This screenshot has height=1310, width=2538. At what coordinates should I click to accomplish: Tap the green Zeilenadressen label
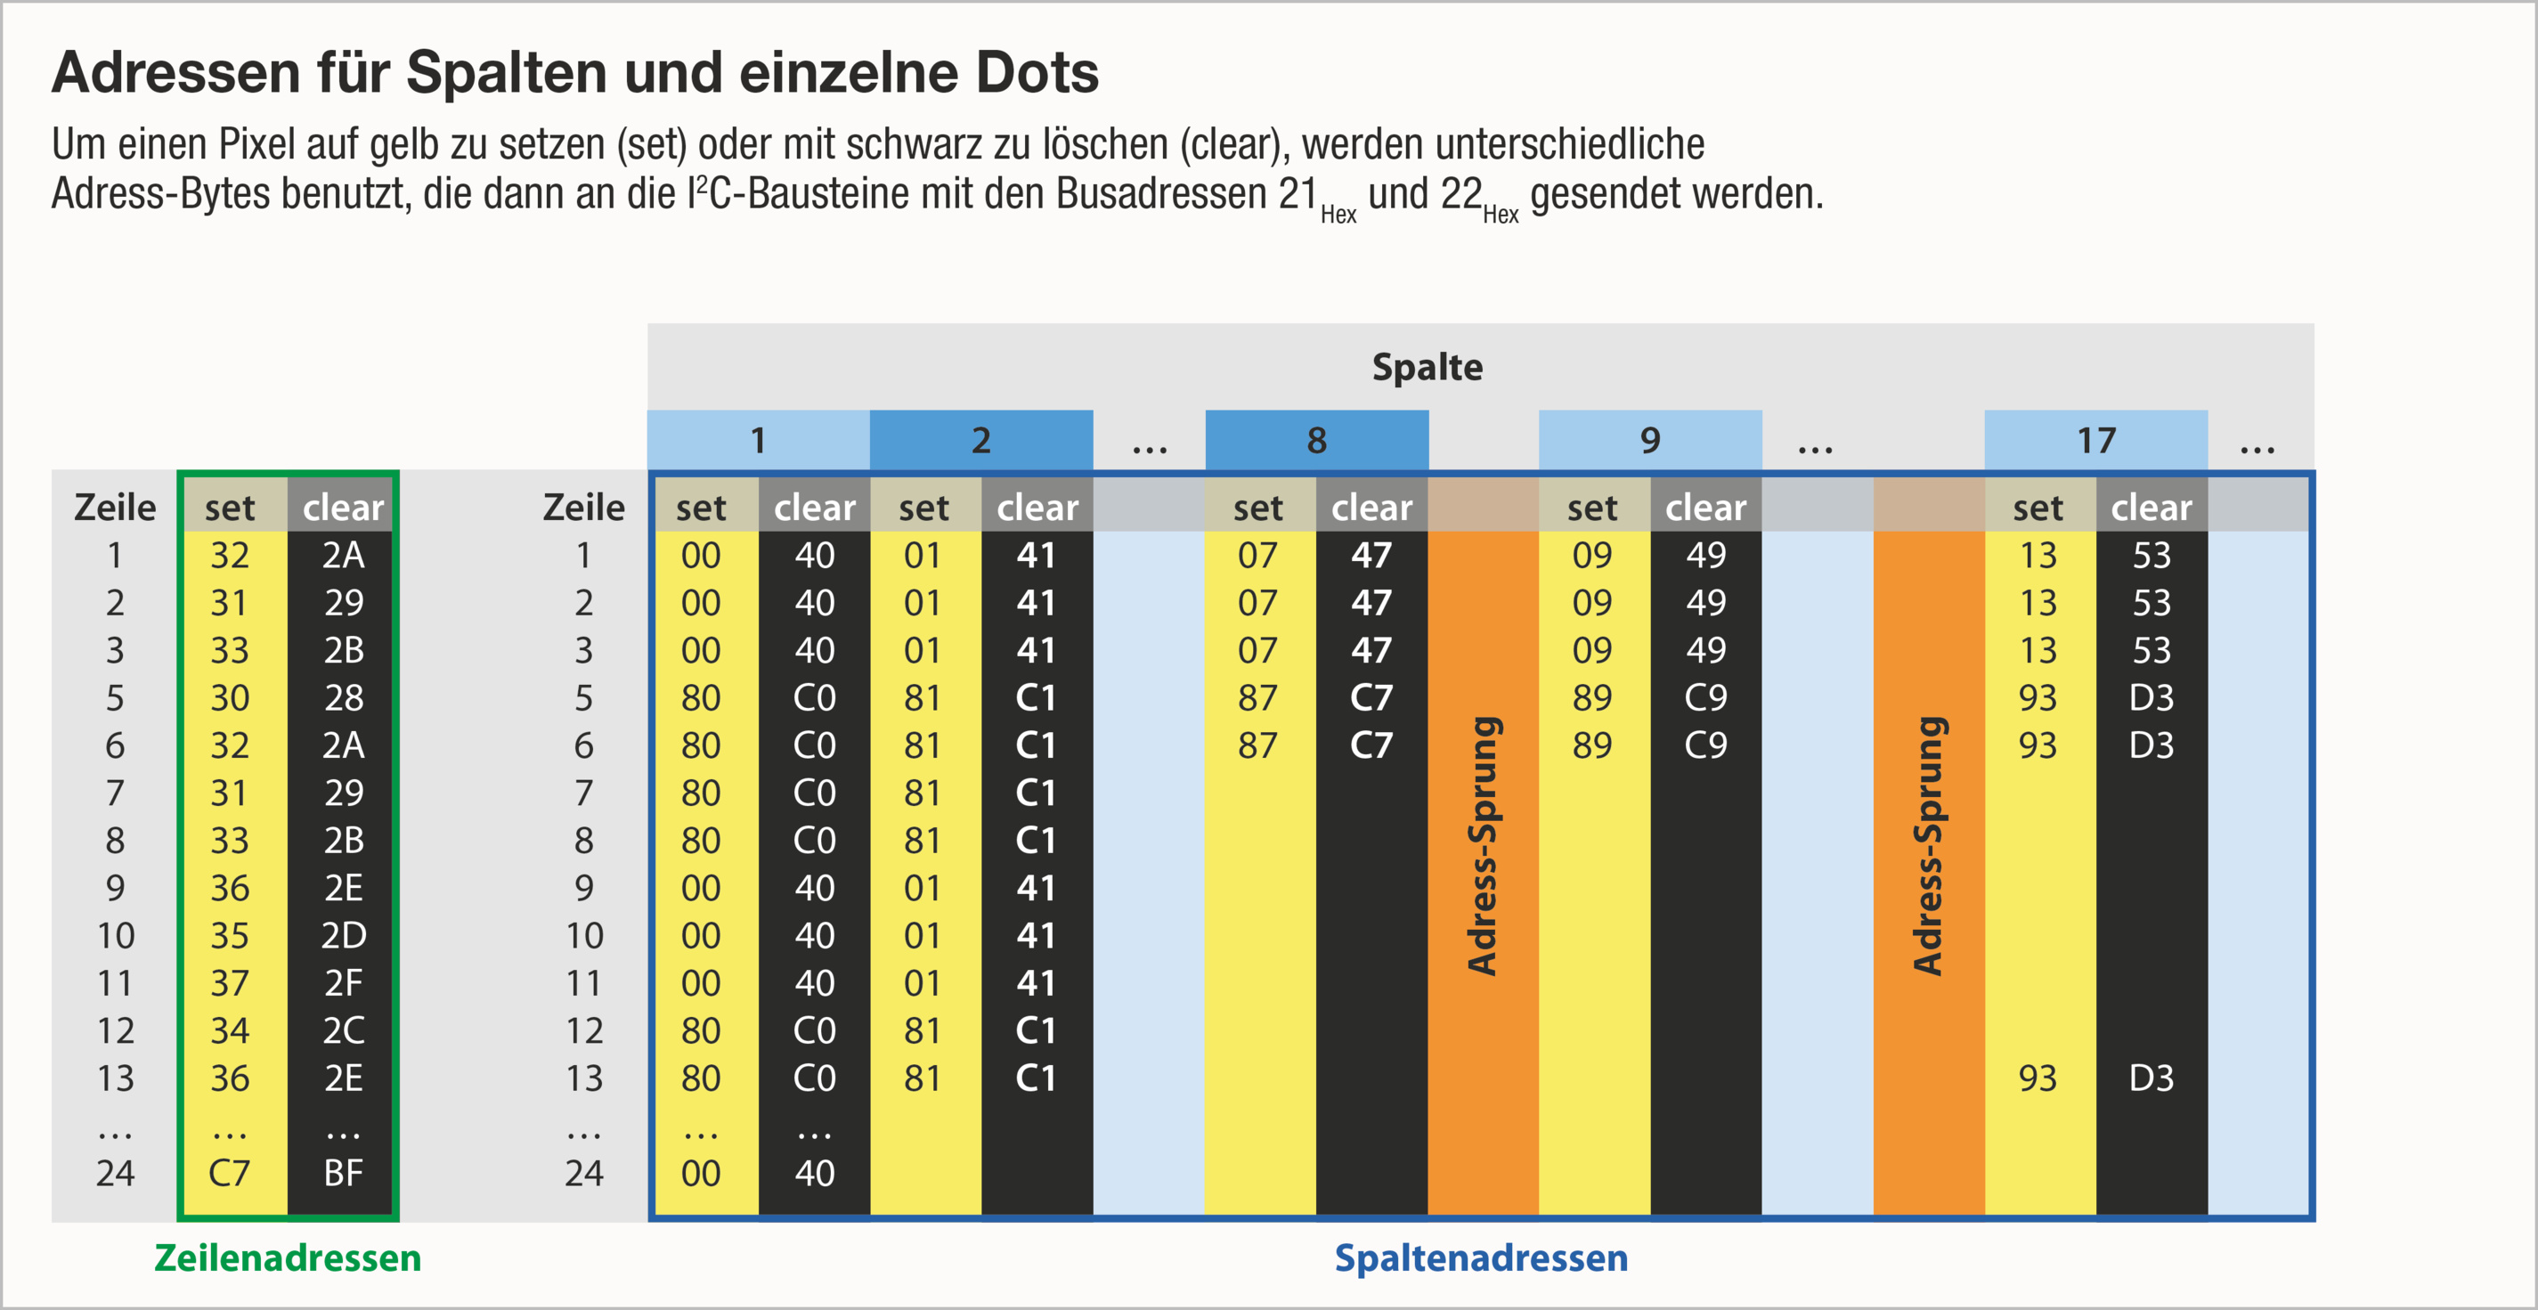(x=288, y=1257)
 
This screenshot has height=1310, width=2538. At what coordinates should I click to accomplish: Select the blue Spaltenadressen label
(x=1481, y=1257)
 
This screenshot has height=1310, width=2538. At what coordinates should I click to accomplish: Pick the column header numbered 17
(x=2095, y=440)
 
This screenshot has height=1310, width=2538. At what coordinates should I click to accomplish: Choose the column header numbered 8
(x=1316, y=440)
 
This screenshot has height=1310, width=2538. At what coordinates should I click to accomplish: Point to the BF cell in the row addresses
(x=343, y=1173)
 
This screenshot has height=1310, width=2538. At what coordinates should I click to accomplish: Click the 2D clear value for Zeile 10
(x=343, y=935)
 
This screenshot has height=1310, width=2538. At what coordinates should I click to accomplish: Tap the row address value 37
(x=230, y=983)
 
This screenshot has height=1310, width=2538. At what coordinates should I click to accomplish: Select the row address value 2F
(x=343, y=983)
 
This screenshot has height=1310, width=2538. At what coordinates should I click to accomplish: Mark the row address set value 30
(x=230, y=697)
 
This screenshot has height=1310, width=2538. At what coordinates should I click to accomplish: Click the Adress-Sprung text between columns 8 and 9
(x=1483, y=845)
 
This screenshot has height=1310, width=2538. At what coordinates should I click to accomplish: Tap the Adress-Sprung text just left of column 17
(x=1928, y=845)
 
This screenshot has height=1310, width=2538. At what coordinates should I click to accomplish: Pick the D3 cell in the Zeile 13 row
(x=2151, y=1078)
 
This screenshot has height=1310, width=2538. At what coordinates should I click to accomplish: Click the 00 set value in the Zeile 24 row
(x=701, y=1173)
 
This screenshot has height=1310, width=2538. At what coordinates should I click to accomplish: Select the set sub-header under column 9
(x=1592, y=508)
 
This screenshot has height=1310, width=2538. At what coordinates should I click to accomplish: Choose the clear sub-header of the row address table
(x=343, y=508)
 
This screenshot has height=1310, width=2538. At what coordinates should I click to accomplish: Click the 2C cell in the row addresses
(x=343, y=1030)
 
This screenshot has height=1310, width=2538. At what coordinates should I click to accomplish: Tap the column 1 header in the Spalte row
(x=758, y=440)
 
